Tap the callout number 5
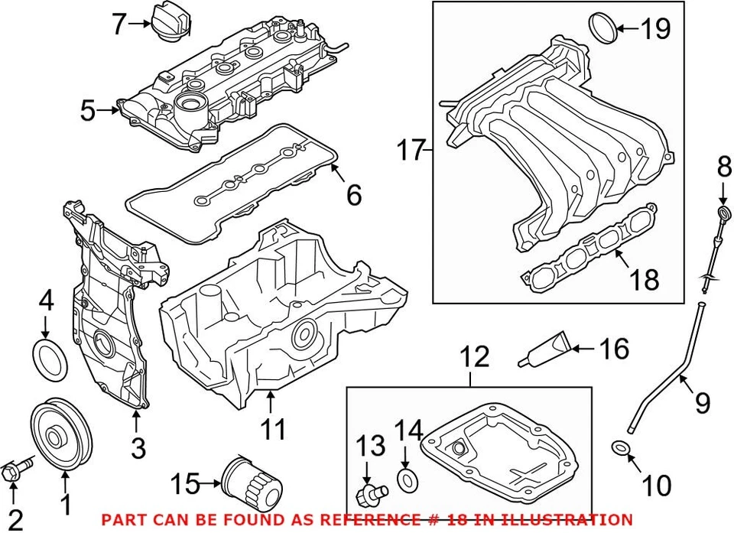point(88,111)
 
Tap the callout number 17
point(410,150)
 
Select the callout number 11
point(274,429)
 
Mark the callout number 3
point(138,447)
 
